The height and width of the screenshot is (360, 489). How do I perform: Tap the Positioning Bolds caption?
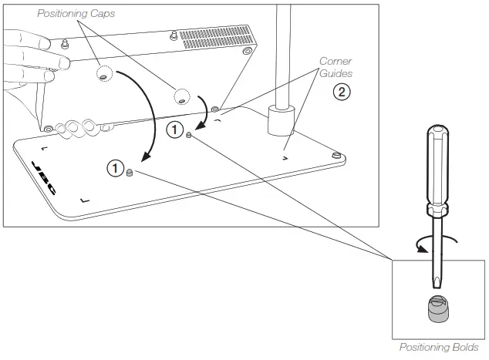pos(437,347)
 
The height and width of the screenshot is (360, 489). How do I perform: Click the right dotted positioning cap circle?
pos(181,96)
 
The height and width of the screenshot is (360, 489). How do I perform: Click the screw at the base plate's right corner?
pos(336,156)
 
